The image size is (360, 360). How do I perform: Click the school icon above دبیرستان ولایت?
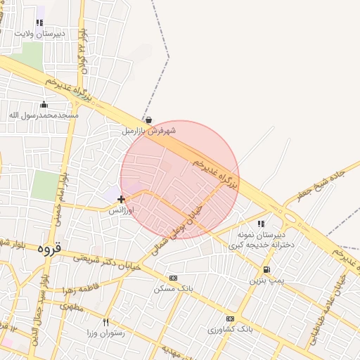click(x=40, y=22)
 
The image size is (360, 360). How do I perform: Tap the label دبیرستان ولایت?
click(x=40, y=33)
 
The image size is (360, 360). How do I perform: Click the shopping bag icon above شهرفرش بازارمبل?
click(x=148, y=120)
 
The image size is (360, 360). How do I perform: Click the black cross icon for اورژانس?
click(x=121, y=200)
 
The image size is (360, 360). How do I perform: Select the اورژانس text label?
click(x=121, y=210)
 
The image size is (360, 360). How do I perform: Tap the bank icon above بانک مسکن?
click(x=174, y=278)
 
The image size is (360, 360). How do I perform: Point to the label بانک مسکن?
click(x=173, y=288)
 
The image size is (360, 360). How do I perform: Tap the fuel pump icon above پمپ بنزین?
click(x=266, y=270)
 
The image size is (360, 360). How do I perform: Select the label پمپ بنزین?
click(x=266, y=280)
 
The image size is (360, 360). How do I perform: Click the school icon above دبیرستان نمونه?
click(x=261, y=224)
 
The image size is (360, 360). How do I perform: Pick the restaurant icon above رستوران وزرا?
click(x=106, y=321)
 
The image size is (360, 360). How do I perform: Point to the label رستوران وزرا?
click(x=106, y=332)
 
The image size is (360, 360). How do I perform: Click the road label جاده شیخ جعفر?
click(x=321, y=184)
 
